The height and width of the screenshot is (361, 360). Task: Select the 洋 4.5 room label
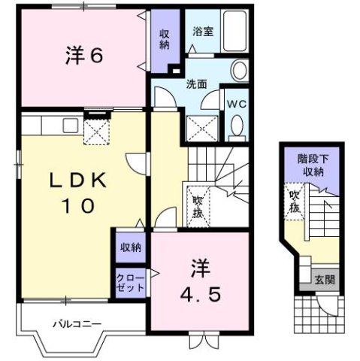click(x=199, y=280)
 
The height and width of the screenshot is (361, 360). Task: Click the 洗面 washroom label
click(x=198, y=85)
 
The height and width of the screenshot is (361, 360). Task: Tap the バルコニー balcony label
click(x=77, y=325)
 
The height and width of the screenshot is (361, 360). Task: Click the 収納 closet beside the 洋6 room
click(x=164, y=39)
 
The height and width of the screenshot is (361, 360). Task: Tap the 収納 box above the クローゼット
click(x=130, y=246)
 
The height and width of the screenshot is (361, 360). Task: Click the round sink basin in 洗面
click(x=239, y=71)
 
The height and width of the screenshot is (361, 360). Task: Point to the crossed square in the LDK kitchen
click(x=98, y=133)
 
